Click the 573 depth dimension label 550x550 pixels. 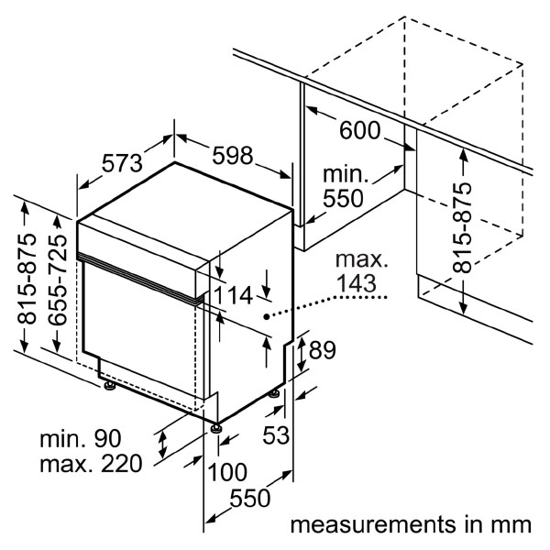(x=122, y=163)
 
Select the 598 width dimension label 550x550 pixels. (x=232, y=156)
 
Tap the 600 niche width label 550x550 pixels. (x=359, y=130)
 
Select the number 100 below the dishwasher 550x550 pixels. (x=226, y=472)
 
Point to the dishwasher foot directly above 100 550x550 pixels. (x=215, y=425)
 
